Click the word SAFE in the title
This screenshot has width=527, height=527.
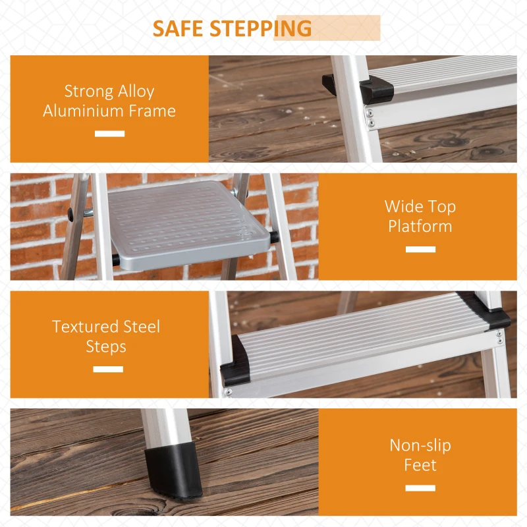click(177, 28)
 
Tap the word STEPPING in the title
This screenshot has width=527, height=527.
click(260, 28)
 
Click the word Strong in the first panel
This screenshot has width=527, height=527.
click(89, 92)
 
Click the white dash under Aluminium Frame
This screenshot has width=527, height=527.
click(109, 134)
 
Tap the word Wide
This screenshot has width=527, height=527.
click(401, 206)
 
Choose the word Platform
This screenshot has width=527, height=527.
click(420, 226)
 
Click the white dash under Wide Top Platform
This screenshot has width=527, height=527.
click(420, 249)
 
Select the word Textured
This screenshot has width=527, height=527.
click(85, 327)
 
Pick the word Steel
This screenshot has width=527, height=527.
click(142, 327)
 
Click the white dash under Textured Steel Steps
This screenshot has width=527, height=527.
click(108, 369)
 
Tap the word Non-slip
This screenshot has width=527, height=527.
click(420, 446)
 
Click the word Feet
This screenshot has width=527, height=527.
click(420, 465)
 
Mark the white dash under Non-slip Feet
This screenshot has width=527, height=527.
click(420, 488)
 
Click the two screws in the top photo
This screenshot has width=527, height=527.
click(370, 117)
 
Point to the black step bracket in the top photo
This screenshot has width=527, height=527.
click(376, 90)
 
